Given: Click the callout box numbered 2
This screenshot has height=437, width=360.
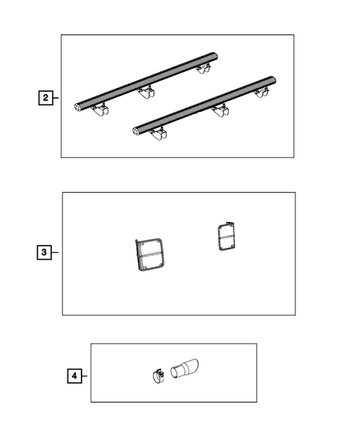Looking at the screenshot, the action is point(45,98).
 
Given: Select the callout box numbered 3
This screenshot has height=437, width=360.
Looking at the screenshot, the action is point(44,252).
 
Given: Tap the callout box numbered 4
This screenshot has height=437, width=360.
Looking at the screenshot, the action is point(74,376).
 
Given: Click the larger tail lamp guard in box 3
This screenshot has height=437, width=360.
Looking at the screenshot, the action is point(149,254).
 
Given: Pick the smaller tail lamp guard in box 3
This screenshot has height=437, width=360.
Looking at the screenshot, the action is point(226,237).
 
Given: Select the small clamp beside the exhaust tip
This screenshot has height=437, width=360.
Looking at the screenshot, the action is point(158,376).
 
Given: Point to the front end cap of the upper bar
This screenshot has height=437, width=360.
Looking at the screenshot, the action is point(78,107).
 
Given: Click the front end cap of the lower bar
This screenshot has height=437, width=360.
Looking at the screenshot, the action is point(136,131).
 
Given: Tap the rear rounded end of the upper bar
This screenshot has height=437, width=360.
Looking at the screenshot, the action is point(214,56).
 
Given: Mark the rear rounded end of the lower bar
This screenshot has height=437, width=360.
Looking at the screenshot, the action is point(272,79).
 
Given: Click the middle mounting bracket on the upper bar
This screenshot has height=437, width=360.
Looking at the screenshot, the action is point(147,92).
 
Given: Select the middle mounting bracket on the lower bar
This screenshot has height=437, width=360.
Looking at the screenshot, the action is point(220,111).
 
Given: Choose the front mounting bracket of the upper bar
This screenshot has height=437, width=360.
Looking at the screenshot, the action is point(100,110).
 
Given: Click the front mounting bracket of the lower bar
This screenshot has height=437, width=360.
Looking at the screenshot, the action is point(158,134).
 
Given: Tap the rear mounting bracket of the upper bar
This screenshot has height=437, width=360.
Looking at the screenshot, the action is point(203,68).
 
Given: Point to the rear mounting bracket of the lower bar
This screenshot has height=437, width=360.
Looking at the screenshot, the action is point(262,92).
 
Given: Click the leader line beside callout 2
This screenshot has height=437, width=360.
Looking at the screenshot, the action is point(56,98).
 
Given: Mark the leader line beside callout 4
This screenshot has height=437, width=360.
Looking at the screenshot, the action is point(85,376).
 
